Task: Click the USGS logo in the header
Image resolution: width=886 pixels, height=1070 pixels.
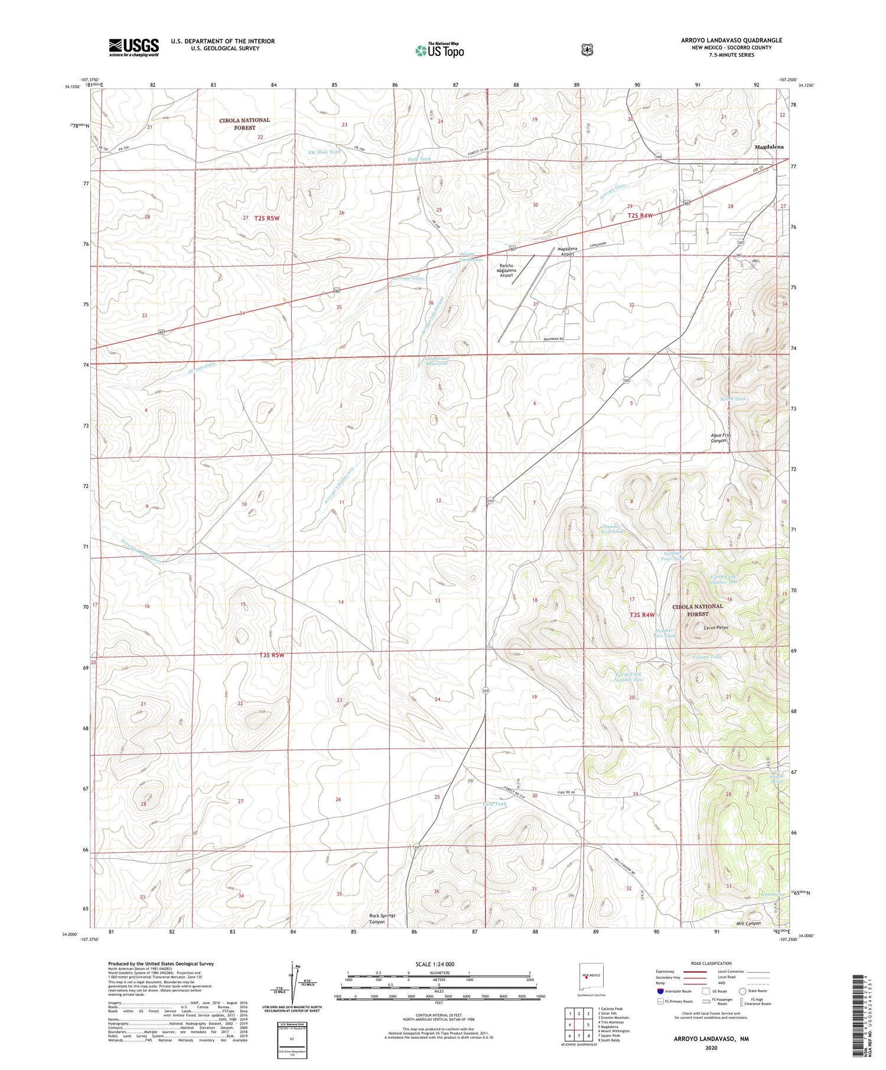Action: tap(133, 47)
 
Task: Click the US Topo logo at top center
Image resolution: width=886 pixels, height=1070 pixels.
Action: tap(439, 51)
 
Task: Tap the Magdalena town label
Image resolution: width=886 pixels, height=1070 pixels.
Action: tap(769, 147)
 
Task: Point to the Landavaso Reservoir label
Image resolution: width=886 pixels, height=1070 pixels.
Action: tap(437, 361)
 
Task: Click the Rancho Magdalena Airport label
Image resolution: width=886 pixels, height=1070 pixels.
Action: tap(514, 270)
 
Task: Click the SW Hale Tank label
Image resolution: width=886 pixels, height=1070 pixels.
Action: tap(324, 152)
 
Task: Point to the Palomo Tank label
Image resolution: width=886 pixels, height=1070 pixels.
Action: tap(707, 657)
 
